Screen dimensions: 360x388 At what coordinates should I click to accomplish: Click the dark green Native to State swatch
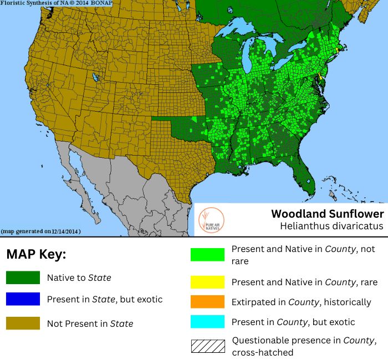point(23,277)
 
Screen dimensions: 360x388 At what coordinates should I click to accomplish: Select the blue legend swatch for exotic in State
point(23,299)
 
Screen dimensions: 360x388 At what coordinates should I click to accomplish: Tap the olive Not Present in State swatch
point(23,323)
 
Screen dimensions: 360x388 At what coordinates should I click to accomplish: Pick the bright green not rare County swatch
point(207,254)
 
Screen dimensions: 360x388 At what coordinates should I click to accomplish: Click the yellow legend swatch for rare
point(207,282)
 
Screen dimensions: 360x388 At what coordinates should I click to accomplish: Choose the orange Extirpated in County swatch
point(207,302)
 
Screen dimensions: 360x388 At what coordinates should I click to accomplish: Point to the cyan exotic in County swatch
point(207,322)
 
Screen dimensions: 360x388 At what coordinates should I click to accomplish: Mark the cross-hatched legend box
point(207,346)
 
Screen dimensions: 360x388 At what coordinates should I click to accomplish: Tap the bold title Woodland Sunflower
point(327,214)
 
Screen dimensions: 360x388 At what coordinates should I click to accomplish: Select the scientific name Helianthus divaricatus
point(331,226)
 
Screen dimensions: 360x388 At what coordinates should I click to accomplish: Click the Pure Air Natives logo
point(211,220)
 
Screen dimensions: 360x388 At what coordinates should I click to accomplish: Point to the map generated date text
point(41,231)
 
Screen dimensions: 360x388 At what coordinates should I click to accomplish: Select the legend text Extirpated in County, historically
point(301,302)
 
